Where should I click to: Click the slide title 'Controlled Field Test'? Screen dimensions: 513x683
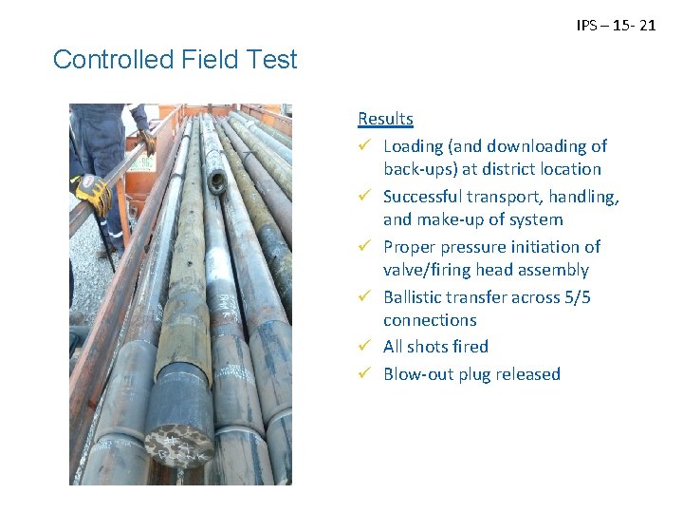[175, 60]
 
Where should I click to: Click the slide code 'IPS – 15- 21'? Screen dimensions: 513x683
[616, 26]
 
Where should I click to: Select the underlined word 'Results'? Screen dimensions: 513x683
[385, 119]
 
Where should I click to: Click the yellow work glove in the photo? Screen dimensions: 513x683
[94, 194]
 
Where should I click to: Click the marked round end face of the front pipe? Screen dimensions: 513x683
[178, 446]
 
